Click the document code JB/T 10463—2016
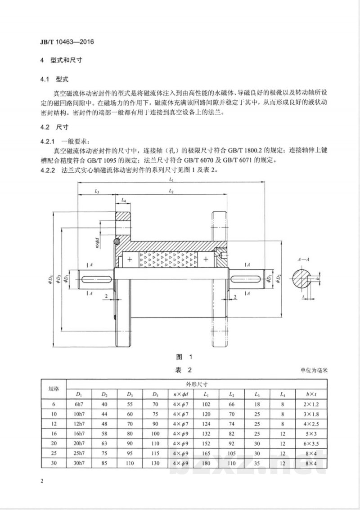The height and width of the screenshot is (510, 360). coord(67,42)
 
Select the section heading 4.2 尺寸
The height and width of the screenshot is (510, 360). coord(54,127)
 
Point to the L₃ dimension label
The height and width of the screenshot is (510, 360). coord(97,192)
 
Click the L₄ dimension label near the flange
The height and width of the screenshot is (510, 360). coord(124,201)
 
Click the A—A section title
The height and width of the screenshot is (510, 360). coord(303,259)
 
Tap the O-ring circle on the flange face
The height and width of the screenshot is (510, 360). coord(116,242)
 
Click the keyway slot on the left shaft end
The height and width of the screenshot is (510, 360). coord(96,279)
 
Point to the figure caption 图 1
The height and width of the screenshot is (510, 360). coord(184,357)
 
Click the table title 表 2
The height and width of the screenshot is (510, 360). coord(184,370)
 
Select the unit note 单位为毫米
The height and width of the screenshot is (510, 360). coord(314,370)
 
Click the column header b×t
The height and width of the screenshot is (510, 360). coord(311,394)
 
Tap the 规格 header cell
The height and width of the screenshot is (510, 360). coord(54,389)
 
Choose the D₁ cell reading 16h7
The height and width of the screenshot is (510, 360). coord(79,434)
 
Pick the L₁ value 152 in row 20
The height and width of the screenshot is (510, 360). coord(206,443)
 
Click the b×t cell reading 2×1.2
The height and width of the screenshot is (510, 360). coord(312,404)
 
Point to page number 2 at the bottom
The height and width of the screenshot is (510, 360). coord(42,481)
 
